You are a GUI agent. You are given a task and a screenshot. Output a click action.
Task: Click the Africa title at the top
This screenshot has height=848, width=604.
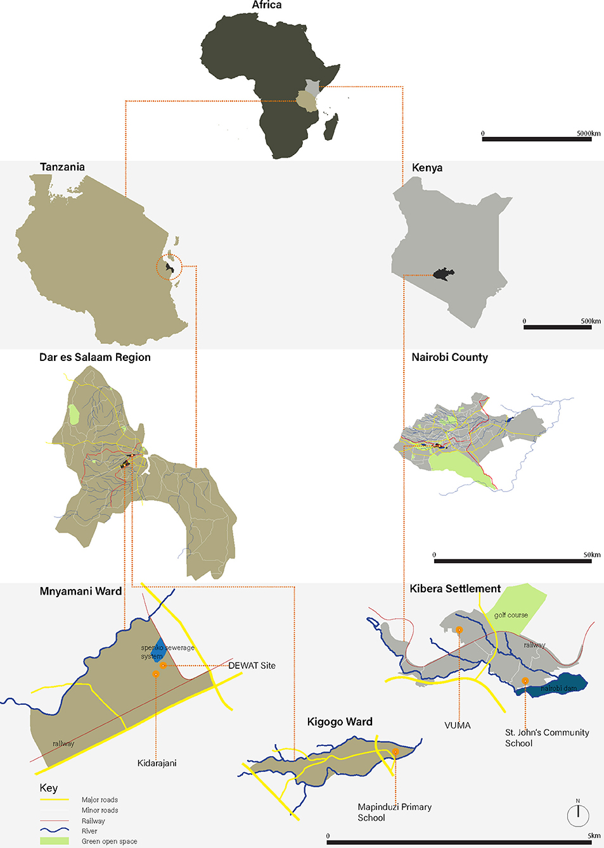pos(266,5)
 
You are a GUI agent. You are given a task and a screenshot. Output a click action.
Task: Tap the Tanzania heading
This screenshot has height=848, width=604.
pos(62,167)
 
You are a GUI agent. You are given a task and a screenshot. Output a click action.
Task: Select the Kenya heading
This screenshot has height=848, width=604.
pos(427,168)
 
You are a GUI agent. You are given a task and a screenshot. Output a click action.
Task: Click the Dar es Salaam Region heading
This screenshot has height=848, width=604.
pos(95,357)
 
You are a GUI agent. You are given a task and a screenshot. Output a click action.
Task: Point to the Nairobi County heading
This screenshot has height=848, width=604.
pos(449,357)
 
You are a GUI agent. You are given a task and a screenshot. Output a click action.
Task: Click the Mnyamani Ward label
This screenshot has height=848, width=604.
pos(80,592)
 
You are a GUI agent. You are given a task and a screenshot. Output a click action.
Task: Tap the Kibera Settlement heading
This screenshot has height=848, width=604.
pos(455,589)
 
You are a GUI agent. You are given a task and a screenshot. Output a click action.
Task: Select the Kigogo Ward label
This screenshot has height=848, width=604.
pos(340,722)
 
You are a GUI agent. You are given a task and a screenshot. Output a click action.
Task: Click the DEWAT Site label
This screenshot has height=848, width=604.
pos(252,666)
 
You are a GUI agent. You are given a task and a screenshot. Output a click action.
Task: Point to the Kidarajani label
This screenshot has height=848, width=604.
pos(157,763)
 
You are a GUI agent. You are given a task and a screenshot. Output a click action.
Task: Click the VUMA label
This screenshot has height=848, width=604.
pos(458,726)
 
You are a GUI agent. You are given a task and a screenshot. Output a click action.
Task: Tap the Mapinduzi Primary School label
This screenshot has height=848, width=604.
pos(394,812)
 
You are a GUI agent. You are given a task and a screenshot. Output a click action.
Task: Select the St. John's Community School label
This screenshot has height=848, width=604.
pos(546,738)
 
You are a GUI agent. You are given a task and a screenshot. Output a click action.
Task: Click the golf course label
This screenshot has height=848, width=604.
pos(511,615)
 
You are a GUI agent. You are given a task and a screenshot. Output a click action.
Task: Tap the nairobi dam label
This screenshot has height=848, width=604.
pos(558,688)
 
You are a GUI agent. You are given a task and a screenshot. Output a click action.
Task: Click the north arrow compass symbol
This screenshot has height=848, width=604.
pos(578,815)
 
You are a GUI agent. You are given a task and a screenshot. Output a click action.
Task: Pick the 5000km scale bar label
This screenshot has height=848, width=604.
pos(588,134)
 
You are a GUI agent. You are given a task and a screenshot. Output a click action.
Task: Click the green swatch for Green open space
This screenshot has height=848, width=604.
pos(55,841)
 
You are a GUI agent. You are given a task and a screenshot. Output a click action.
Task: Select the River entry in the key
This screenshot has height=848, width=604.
pos(89,831)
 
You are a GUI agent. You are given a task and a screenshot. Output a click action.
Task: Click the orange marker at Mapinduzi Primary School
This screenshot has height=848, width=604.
pos(395,752)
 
